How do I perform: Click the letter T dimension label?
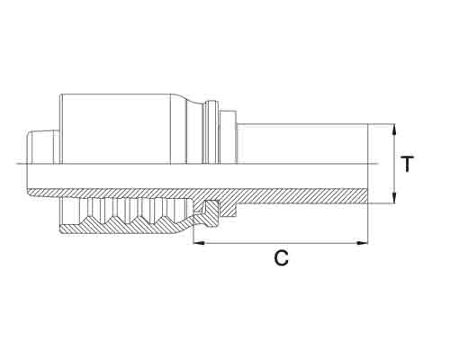408,164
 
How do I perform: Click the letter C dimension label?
282,258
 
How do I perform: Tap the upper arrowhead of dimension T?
393,130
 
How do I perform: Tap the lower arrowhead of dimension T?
393,198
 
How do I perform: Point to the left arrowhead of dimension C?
199,243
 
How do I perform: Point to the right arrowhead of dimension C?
362,243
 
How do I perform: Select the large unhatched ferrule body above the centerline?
115,129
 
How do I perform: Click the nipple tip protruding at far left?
42,147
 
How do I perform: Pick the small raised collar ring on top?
211,132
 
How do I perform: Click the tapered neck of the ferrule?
179,130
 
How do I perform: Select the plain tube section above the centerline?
302,144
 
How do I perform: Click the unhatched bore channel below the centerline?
197,176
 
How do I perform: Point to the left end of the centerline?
15,164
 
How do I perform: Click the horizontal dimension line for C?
281,243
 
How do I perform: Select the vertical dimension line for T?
393,164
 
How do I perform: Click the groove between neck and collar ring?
196,134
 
